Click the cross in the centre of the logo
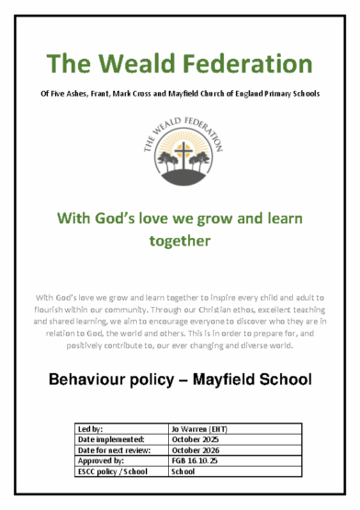pyautogui.click(x=180, y=151)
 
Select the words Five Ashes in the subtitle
pyautogui.click(x=76, y=95)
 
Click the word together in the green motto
pyautogui.click(x=180, y=241)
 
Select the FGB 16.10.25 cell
pyautogui.click(x=196, y=461)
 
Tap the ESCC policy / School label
pyautogui.click(x=114, y=472)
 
